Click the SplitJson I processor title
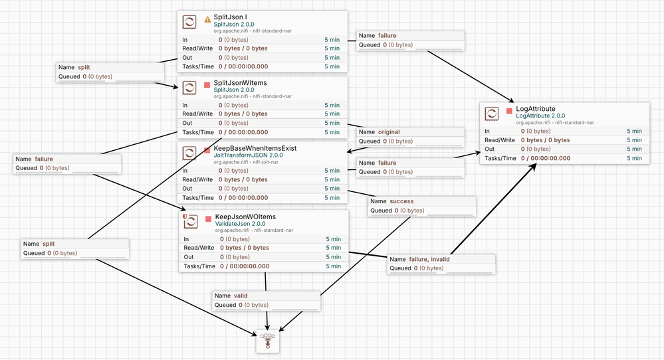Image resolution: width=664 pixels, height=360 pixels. click(x=230, y=17)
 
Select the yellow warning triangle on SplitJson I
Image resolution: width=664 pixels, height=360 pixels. click(x=207, y=19)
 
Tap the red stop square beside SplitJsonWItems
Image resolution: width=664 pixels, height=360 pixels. click(x=207, y=85)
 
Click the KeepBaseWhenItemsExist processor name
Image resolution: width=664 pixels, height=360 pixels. click(x=255, y=148)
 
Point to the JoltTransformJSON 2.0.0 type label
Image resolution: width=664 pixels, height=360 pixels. click(x=248, y=155)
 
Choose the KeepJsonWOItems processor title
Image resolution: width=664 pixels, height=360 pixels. click(x=245, y=217)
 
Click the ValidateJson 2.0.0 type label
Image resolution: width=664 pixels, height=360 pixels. click(x=240, y=224)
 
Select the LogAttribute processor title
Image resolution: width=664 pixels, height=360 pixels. click(x=535, y=109)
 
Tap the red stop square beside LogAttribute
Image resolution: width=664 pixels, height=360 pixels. click(x=509, y=111)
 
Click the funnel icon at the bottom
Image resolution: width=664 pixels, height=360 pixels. click(x=268, y=341)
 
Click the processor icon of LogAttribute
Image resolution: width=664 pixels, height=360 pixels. click(x=492, y=114)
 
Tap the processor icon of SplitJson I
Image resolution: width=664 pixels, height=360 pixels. click(x=189, y=22)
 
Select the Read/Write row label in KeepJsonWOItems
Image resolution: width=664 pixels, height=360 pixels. click(x=199, y=248)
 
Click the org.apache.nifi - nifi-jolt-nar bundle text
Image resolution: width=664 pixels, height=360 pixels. click(x=246, y=162)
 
